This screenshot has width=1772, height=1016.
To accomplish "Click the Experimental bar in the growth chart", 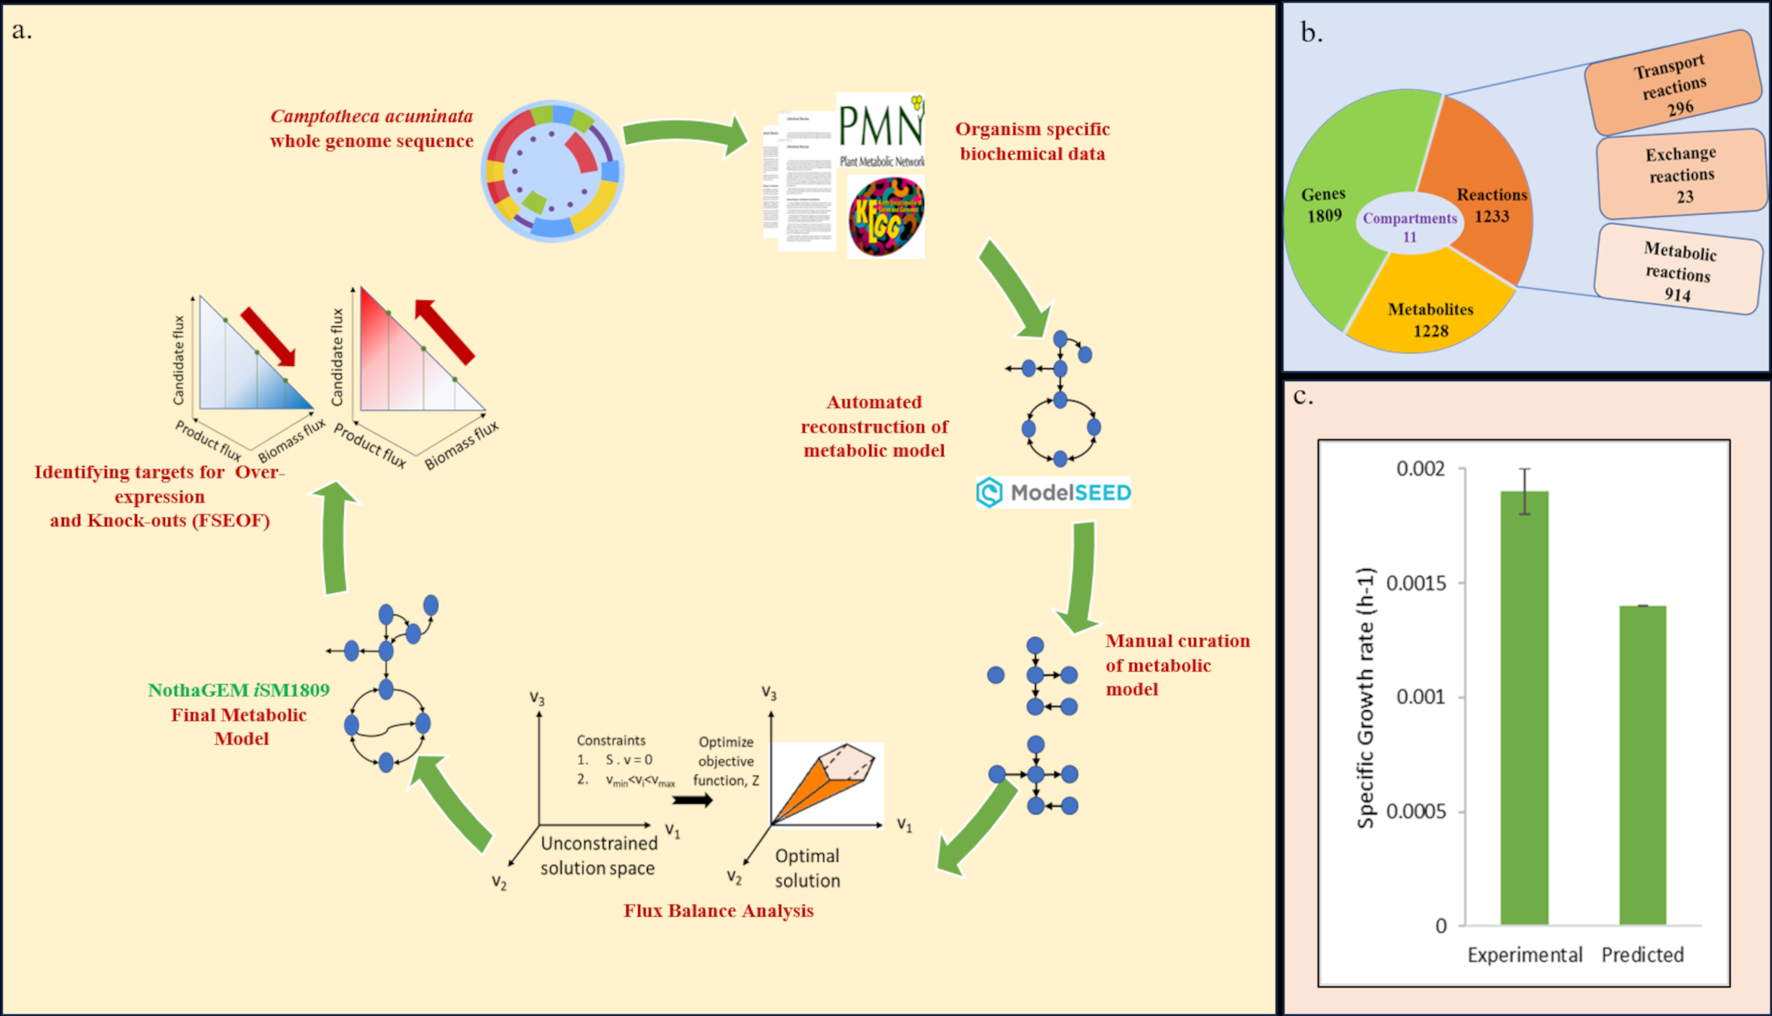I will tap(1524, 708).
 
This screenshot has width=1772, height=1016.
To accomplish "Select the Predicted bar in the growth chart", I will tap(1642, 764).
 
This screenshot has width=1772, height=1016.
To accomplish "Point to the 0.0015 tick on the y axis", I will tap(1416, 583).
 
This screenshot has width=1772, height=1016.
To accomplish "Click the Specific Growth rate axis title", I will tap(1366, 697).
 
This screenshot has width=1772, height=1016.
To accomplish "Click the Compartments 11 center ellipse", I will tap(1409, 227).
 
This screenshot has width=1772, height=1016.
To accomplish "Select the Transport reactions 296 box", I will tap(1673, 83).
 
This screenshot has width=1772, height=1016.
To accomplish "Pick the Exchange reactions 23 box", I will tap(1682, 175).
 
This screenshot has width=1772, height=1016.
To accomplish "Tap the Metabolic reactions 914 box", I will tap(1679, 270).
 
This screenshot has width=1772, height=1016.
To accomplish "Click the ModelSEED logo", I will tap(1054, 493).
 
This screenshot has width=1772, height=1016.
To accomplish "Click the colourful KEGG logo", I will tap(886, 217).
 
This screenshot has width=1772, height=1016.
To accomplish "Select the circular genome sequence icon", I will tap(552, 171).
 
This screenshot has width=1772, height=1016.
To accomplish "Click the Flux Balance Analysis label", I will tap(718, 911).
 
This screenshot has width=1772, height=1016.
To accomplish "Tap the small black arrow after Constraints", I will tap(692, 801).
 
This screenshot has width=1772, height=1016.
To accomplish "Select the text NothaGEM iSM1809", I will tap(239, 691).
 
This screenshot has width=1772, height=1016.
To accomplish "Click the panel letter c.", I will tap(1303, 397).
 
